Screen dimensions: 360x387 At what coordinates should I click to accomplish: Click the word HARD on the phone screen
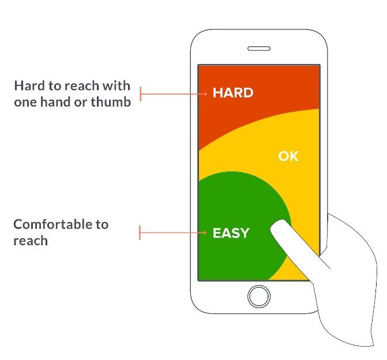click(x=233, y=93)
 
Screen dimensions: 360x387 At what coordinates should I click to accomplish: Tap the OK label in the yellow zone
click(x=288, y=156)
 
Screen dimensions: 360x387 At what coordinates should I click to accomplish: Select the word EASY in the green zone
click(x=231, y=233)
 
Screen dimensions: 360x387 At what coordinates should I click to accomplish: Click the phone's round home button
click(x=259, y=296)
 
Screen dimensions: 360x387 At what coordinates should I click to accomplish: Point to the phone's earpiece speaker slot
click(x=259, y=49)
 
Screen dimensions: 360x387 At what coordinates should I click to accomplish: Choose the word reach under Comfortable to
click(x=31, y=241)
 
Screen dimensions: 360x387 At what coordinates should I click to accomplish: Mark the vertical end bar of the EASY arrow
click(x=140, y=233)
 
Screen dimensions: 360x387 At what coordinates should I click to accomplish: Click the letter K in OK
click(x=294, y=156)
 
